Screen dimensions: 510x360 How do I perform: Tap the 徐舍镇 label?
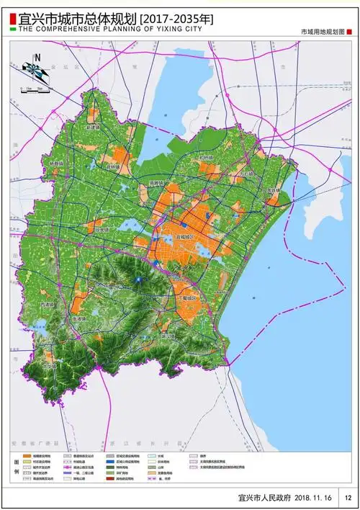click(x=103, y=230)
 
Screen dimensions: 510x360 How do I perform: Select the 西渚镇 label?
click(x=47, y=305)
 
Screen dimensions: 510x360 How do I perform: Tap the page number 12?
click(x=347, y=497)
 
